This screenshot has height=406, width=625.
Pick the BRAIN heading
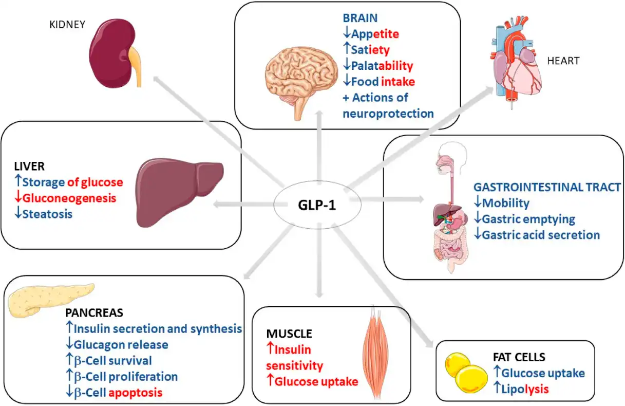pos(360,18)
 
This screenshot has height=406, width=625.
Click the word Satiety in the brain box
pos(370,50)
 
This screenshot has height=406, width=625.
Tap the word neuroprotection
pos(388,113)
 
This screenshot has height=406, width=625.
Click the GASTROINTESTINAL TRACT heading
pos(547,188)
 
